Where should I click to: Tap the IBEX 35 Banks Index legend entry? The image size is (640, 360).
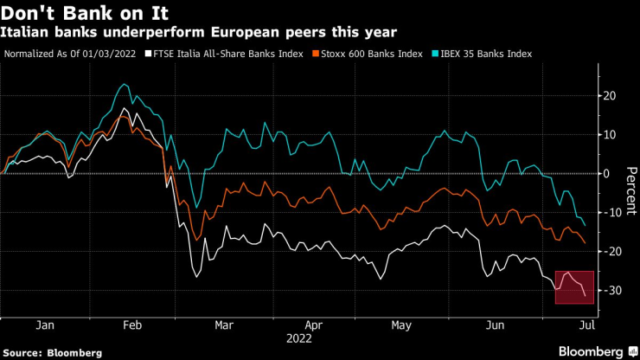click(x=485, y=54)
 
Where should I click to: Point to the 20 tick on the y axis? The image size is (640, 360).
click(x=610, y=95)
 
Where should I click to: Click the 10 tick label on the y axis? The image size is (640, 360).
click(x=610, y=134)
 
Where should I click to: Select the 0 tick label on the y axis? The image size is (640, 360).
click(x=607, y=173)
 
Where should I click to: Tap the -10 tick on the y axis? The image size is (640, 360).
click(x=611, y=212)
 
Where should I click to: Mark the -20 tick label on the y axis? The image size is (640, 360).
click(x=611, y=251)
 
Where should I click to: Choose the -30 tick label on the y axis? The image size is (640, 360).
click(x=611, y=290)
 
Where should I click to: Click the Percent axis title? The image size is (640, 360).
click(x=630, y=190)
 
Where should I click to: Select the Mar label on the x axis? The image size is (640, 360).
click(x=225, y=325)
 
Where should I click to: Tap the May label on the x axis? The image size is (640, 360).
click(x=401, y=325)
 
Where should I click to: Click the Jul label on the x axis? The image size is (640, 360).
click(x=586, y=325)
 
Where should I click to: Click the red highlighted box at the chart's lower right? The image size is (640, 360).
click(x=574, y=287)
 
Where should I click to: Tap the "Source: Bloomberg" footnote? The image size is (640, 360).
click(x=53, y=352)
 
